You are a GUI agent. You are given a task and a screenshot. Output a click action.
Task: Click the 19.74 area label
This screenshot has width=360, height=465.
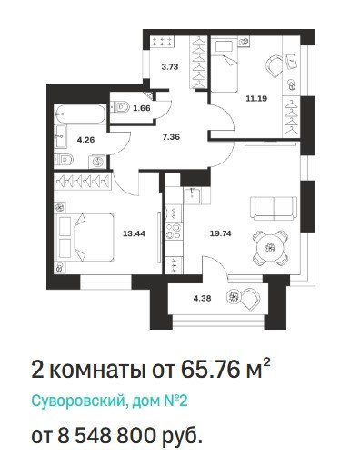point(221,233)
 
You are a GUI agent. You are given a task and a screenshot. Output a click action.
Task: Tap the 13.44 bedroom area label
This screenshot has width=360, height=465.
point(135,233)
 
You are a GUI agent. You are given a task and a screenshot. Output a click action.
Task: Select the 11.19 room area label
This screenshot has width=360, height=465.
point(256,98)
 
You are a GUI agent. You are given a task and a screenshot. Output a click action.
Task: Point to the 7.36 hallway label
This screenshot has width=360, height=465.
point(171,137)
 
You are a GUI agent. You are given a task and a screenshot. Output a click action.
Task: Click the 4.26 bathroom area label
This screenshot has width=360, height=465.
point(85,140)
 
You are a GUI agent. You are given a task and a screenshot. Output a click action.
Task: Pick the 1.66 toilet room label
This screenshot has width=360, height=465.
point(142,108)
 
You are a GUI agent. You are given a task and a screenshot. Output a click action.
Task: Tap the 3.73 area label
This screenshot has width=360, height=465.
point(170,67)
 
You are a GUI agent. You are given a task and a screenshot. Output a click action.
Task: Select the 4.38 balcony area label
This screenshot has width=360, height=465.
point(202,299)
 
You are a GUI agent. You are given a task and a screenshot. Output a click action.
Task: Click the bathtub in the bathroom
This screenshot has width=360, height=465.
point(80,114)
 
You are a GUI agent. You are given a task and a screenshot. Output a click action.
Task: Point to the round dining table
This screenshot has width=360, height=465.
point(270,248)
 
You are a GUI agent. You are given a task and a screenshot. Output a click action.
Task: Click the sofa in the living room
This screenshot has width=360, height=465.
point(274,208)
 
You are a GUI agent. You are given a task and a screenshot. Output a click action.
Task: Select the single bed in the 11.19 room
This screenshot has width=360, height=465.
point(225,64)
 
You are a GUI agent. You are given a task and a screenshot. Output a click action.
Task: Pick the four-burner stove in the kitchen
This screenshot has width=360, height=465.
point(174,231)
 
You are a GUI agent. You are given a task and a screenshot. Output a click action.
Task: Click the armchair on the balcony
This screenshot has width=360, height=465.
point(250,299)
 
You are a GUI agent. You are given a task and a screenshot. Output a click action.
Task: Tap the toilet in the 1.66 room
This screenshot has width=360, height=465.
point(121,107)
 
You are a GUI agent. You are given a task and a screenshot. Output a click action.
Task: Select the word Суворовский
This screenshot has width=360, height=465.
point(78,401)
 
